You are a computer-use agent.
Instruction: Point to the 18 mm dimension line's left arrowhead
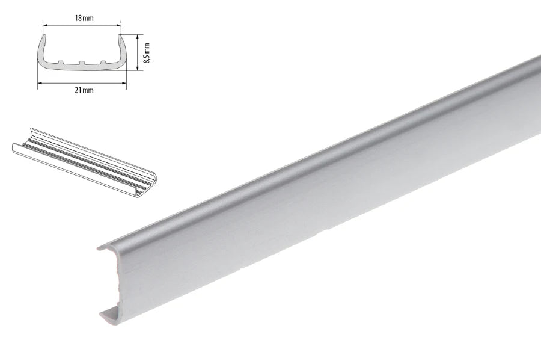[x=44, y=25]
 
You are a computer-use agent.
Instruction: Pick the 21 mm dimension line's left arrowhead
[x=39, y=84]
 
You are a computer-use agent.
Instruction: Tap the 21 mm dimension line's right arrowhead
[x=128, y=84]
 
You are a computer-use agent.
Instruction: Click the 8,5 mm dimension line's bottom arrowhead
[x=138, y=68]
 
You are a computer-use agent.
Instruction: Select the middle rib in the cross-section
[x=82, y=63]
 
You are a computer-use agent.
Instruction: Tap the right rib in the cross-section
[x=103, y=61]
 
